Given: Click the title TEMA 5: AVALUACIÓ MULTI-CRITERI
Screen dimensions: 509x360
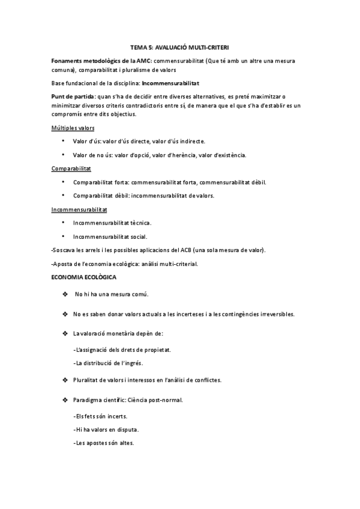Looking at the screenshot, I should point(180,47).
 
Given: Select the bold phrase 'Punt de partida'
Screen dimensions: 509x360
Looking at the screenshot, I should point(70,96).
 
